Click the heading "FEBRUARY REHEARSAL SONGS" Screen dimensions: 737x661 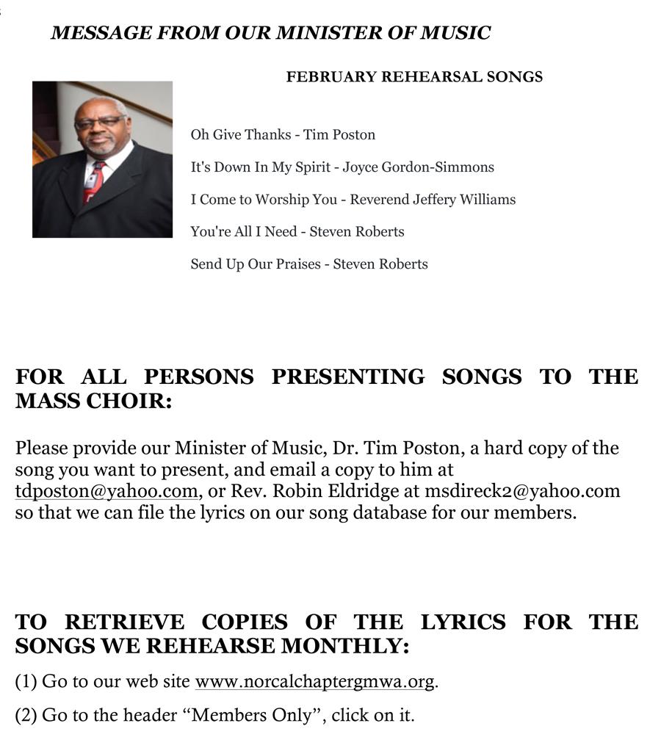click(x=414, y=76)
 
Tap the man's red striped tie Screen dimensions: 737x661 click(x=94, y=181)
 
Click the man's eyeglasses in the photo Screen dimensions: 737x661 click(x=99, y=122)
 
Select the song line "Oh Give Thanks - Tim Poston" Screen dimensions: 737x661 click(x=283, y=134)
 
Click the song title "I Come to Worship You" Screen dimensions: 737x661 click(x=264, y=199)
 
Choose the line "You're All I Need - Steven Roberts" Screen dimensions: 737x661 click(x=297, y=231)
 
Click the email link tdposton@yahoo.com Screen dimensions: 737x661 click(x=106, y=491)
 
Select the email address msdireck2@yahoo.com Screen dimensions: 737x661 click(x=522, y=491)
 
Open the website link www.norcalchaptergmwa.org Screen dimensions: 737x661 click(x=315, y=681)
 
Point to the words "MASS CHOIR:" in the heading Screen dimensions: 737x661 click(x=93, y=402)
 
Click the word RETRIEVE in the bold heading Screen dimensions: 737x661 click(x=125, y=622)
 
